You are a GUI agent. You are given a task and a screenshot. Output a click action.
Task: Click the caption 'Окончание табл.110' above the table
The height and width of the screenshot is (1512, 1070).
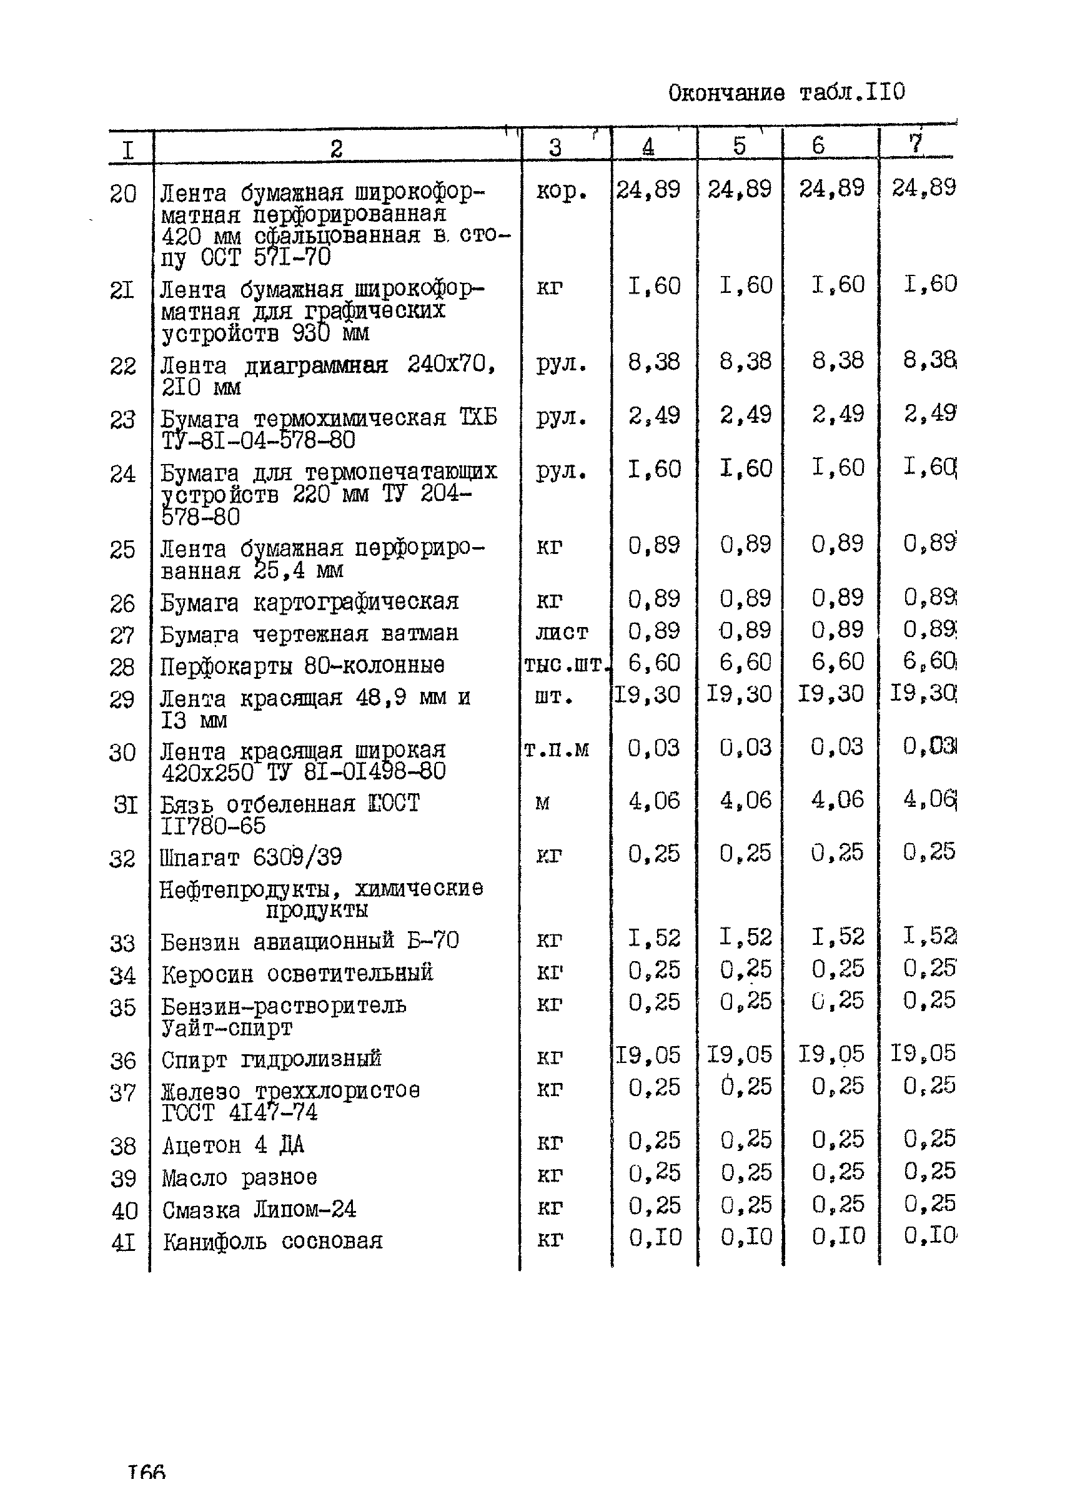click(786, 93)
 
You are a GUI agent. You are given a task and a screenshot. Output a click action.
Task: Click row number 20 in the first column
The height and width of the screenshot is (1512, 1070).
click(122, 194)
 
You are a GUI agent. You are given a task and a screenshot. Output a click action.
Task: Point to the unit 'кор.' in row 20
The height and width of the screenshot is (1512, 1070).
click(561, 192)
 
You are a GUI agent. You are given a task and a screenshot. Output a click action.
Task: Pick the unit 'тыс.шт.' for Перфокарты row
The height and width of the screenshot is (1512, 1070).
click(565, 665)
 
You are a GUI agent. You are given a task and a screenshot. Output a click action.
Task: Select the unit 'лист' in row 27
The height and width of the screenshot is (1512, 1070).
click(562, 633)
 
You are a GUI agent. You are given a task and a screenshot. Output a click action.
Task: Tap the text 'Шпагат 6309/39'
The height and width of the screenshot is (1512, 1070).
click(251, 857)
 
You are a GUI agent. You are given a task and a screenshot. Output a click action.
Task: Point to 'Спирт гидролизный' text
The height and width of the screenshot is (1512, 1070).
click(272, 1059)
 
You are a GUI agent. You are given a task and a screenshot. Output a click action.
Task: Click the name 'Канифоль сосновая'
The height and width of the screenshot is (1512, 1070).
click(272, 1242)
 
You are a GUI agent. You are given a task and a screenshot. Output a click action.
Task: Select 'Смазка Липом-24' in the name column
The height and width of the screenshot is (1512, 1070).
click(259, 1210)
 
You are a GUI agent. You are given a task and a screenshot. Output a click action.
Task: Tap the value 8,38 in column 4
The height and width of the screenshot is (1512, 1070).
click(653, 362)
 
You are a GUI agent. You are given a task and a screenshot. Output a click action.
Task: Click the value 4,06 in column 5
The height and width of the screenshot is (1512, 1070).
click(745, 801)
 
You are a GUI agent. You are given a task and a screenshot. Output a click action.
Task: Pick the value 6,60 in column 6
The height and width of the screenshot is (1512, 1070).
click(837, 661)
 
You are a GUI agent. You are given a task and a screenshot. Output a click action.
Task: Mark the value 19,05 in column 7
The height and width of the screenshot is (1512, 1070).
click(923, 1054)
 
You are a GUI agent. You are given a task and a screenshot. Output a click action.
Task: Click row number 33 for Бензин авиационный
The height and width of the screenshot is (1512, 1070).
click(122, 944)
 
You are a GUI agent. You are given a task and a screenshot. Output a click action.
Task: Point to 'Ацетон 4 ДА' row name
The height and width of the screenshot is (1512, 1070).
click(233, 1145)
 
